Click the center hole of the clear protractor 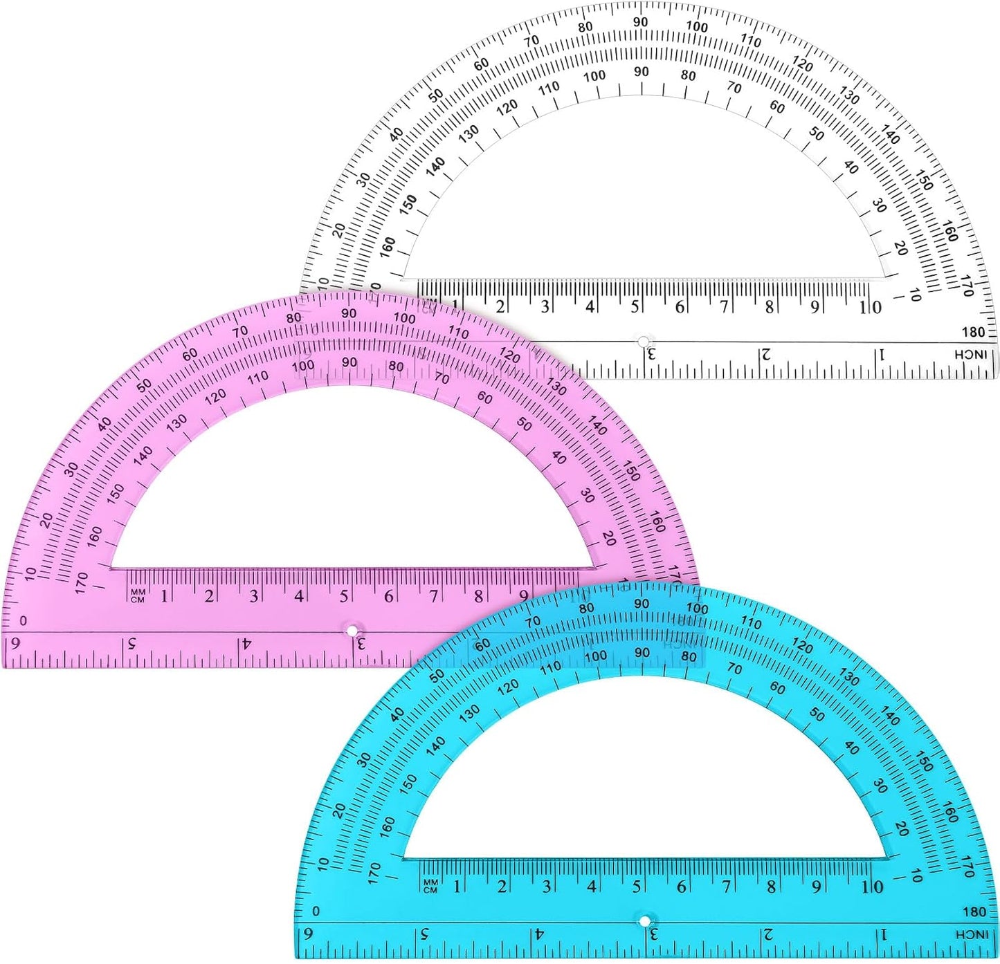644,342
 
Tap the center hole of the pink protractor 352,631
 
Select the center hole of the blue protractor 645,921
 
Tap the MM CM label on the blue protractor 430,886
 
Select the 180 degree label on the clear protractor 973,332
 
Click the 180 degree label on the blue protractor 974,911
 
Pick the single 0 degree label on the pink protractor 24,621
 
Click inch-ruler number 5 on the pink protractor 130,644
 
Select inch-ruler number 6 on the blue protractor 309,934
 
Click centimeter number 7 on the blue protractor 726,886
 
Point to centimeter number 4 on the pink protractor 299,595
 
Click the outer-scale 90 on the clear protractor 641,22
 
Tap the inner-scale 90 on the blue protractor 642,652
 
